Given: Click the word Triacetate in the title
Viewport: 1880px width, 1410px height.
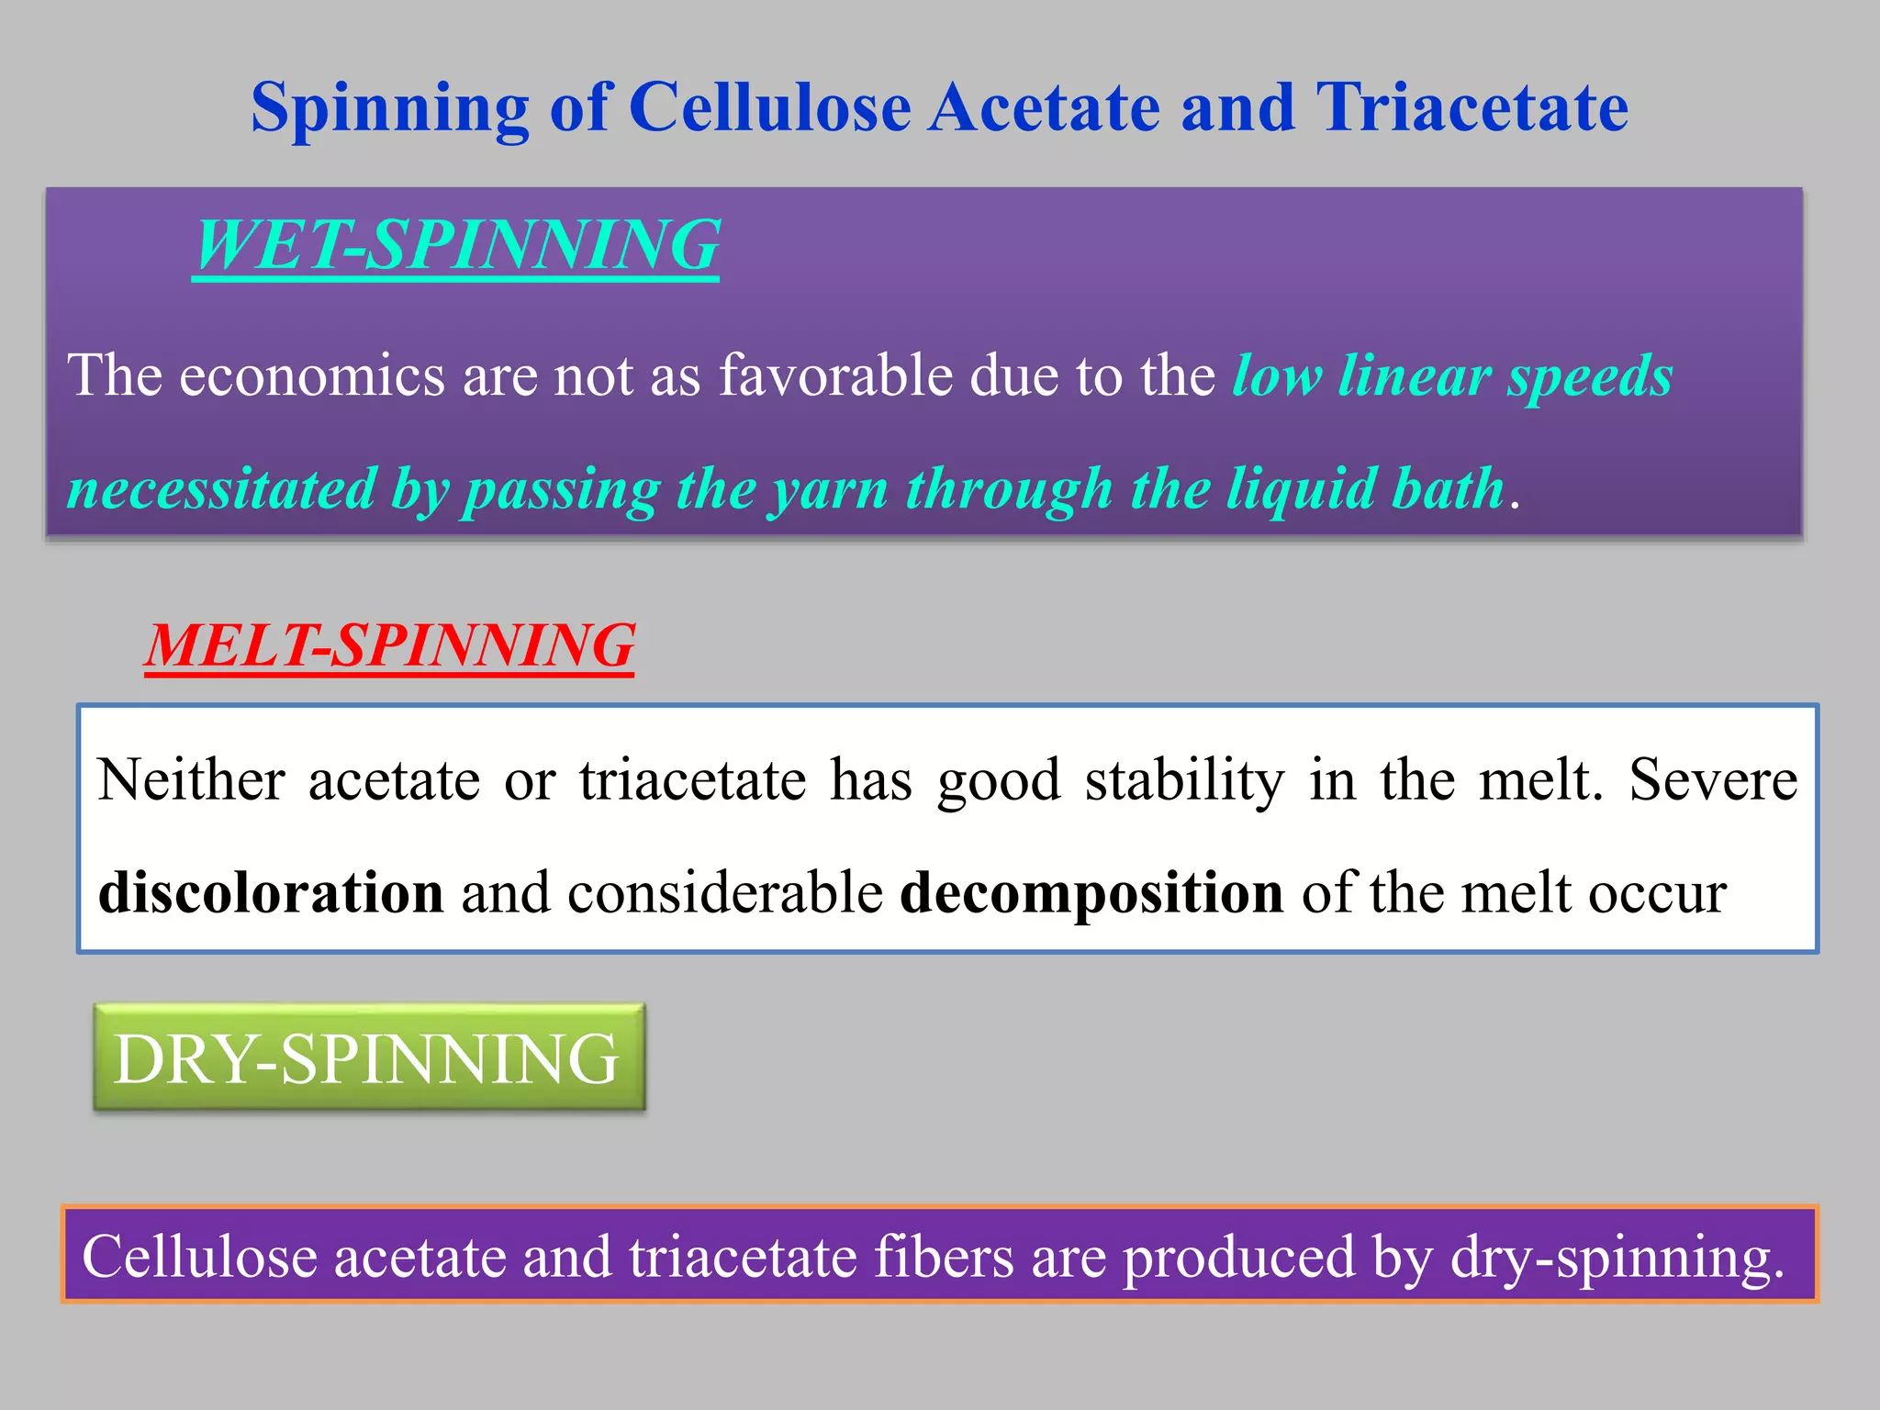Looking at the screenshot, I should [1472, 108].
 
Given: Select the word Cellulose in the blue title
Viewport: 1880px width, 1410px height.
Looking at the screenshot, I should [769, 108].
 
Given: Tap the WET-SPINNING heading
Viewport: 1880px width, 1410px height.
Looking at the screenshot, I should [456, 246].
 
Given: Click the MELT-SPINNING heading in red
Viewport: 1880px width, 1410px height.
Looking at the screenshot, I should [389, 645].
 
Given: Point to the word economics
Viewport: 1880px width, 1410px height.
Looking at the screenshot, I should [311, 376].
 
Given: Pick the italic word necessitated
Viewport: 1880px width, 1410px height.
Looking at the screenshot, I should [221, 488].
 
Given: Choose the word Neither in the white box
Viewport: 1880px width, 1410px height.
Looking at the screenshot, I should [191, 780].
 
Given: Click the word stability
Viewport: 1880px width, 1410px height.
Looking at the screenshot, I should [1184, 782].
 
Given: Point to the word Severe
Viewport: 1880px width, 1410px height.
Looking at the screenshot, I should [1713, 780].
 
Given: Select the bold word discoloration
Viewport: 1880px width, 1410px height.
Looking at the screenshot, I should [271, 892].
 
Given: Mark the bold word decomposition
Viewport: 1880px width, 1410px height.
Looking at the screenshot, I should [1091, 894].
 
